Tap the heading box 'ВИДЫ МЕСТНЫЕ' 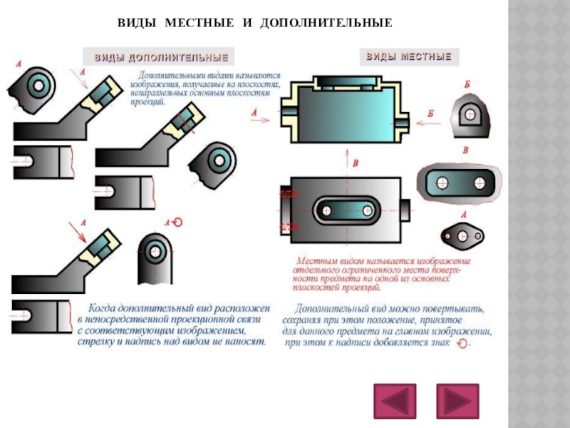pyautogui.click(x=408, y=56)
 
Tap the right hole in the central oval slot pyautogui.click(x=367, y=210)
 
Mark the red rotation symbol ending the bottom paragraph pyautogui.click(x=463, y=344)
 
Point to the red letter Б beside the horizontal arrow pyautogui.click(x=430, y=113)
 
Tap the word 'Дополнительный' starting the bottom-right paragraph pyautogui.click(x=328, y=309)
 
